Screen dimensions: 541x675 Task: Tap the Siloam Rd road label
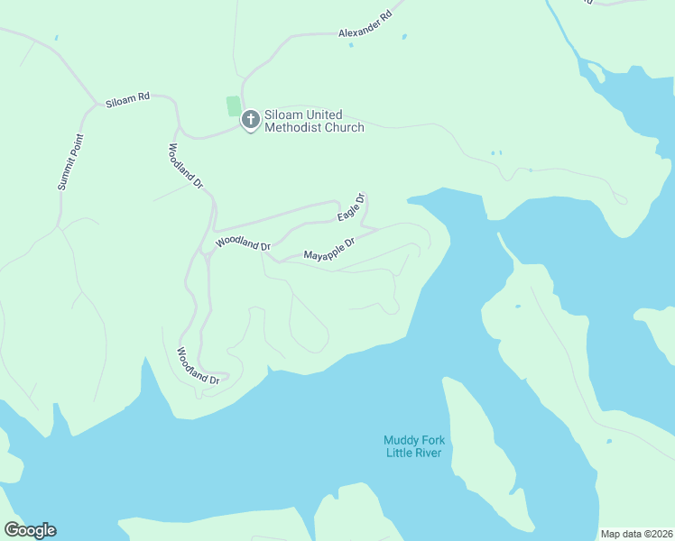click(127, 100)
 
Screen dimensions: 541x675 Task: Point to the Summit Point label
click(69, 162)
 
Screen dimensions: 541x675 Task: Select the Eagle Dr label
click(351, 208)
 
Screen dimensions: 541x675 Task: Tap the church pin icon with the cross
click(250, 118)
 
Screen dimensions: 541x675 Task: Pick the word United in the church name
click(324, 115)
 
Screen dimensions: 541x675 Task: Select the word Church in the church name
click(343, 128)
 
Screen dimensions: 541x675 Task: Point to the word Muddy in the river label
click(401, 440)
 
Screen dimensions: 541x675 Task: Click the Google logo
click(30, 530)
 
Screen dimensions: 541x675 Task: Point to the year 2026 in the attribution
click(661, 534)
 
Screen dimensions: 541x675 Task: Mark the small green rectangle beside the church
click(234, 106)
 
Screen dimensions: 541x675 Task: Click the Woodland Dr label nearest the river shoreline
click(199, 366)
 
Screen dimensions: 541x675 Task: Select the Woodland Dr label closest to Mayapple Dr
click(243, 244)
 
